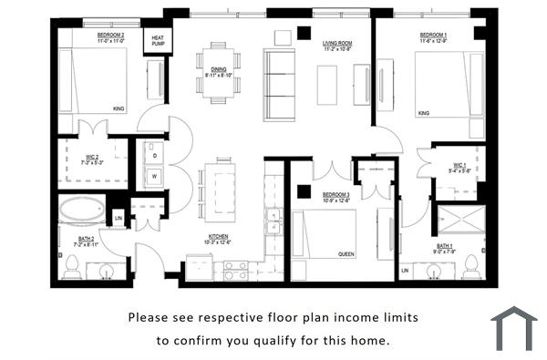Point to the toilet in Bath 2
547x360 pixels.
point(72,266)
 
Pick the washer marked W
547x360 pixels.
point(154,175)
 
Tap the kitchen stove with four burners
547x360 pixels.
point(236,269)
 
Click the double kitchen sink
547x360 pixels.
point(273,221)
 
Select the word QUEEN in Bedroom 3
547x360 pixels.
point(346,254)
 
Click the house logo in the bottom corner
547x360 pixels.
point(513,327)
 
